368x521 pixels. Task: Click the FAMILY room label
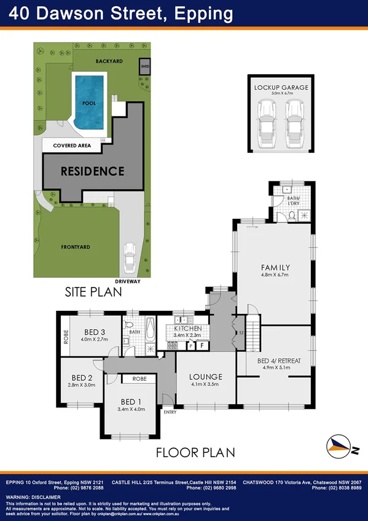[x=275, y=267]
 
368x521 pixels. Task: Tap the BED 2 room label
[x=82, y=377]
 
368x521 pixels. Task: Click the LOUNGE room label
[x=206, y=377]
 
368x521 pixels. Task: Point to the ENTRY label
[x=170, y=412]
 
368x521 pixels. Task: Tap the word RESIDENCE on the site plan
[x=92, y=171]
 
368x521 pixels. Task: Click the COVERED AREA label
[x=72, y=146]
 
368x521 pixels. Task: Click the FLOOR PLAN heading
[x=195, y=453]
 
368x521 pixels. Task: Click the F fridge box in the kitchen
[x=201, y=346]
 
